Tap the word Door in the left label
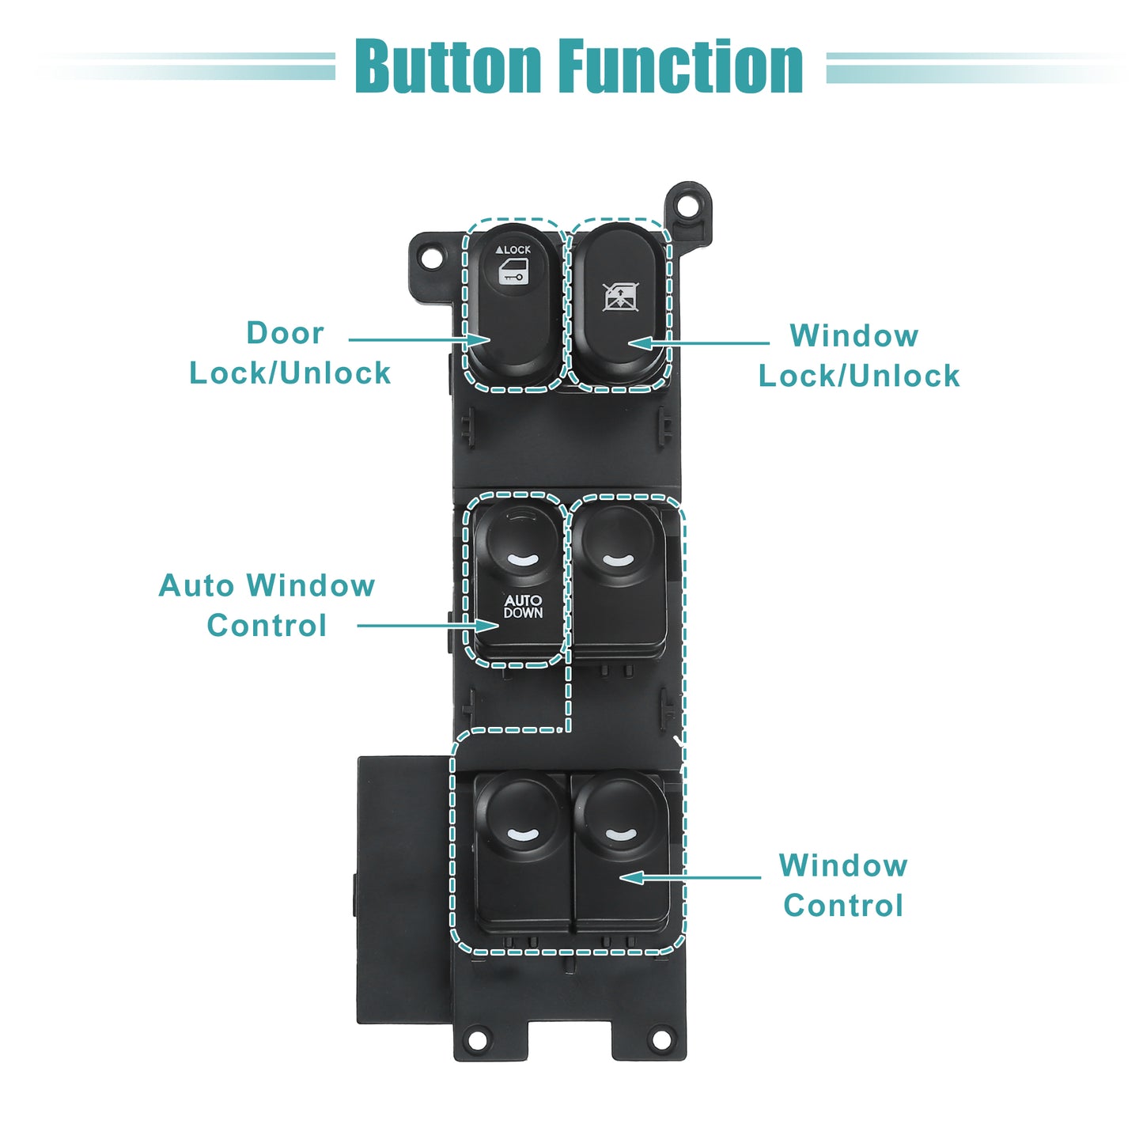[x=286, y=333]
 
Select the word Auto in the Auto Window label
[x=196, y=585]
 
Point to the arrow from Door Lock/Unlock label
[x=419, y=340]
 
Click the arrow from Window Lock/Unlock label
[x=698, y=343]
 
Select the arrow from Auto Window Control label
[x=428, y=625]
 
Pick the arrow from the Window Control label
[x=690, y=877]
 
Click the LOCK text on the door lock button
[x=513, y=250]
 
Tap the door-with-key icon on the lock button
[x=513, y=271]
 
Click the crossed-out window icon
[x=620, y=297]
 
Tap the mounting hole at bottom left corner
[x=477, y=1039]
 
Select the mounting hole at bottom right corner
[x=660, y=1039]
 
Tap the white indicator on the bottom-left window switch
[x=522, y=835]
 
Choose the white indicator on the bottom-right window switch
[x=620, y=835]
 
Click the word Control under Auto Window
[x=267, y=625]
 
